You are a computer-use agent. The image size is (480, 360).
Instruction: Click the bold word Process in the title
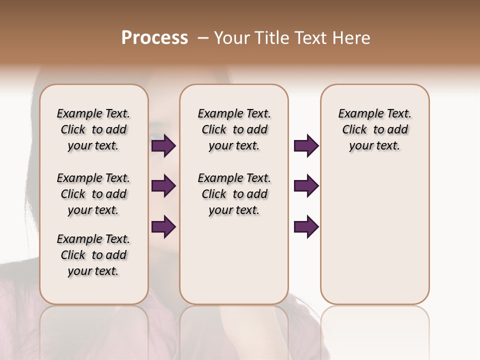point(154,38)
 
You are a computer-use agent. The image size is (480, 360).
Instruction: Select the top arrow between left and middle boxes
point(163,146)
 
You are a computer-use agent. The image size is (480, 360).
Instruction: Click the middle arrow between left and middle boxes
point(163,186)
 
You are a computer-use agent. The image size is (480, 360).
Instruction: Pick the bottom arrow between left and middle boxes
point(163,226)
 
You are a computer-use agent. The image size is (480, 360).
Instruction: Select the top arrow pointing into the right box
point(306,146)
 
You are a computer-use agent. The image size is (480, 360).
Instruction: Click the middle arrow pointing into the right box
point(306,186)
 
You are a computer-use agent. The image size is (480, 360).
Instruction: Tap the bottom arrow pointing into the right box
point(306,226)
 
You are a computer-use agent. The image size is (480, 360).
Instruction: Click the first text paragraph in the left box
point(93,129)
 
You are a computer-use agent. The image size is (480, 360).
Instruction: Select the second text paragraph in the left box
point(93,194)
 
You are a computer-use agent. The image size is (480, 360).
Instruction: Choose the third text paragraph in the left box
point(93,255)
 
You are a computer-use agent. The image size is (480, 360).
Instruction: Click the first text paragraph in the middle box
point(234,129)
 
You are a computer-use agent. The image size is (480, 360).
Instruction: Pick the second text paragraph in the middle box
point(234,194)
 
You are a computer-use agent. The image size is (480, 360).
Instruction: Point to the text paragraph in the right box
point(374,129)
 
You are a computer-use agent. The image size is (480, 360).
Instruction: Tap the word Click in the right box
point(354,130)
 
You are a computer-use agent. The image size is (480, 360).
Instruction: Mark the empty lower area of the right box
point(374,235)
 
